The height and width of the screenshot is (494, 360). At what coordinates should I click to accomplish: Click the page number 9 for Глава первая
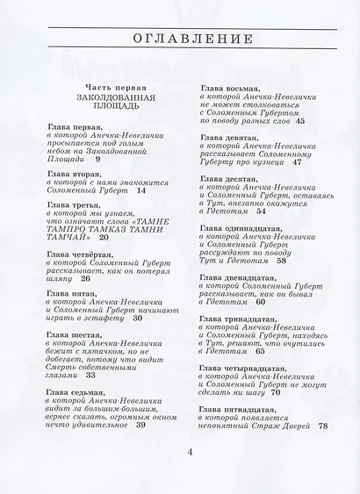[97, 160]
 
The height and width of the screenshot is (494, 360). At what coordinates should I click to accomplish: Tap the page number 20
[104, 237]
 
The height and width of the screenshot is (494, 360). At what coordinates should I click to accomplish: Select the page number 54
[261, 211]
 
